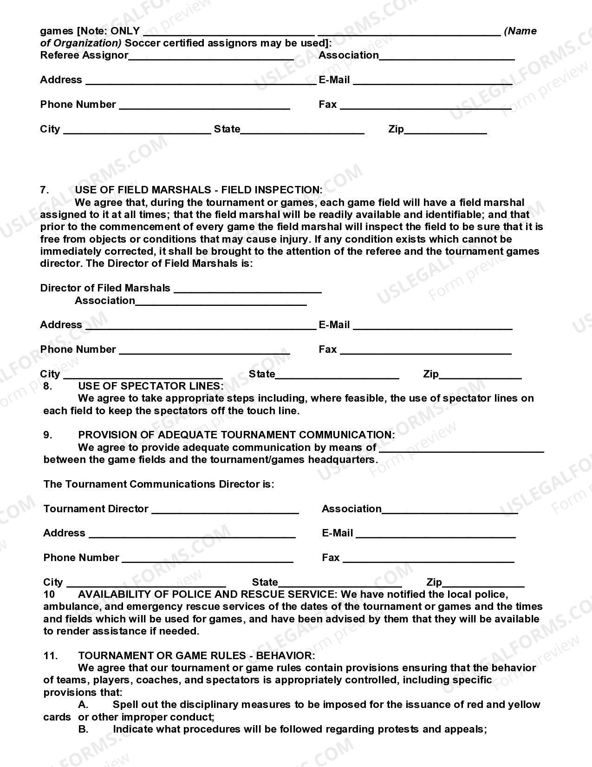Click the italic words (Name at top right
click(x=520, y=31)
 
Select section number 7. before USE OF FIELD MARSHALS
click(x=45, y=190)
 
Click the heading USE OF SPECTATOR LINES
click(x=150, y=386)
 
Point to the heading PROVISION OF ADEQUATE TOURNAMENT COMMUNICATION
click(x=236, y=435)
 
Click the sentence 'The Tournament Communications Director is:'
click(x=159, y=484)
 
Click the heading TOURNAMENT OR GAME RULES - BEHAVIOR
click(x=196, y=655)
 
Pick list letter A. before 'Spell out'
click(x=83, y=704)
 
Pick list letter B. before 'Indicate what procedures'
click(x=83, y=729)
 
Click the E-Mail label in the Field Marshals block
click(x=334, y=324)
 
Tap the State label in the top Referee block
click(x=227, y=129)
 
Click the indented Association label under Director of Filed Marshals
click(x=105, y=300)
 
